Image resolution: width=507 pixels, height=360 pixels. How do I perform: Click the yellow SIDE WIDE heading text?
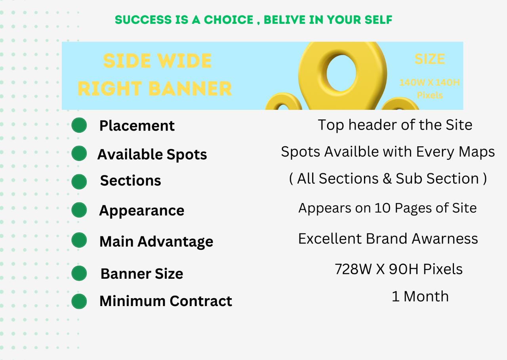click(x=157, y=61)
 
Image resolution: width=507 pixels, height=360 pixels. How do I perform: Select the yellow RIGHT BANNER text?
click(x=154, y=88)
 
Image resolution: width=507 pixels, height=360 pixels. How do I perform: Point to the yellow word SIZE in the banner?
click(x=430, y=59)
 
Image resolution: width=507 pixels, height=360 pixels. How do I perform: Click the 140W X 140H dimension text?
click(x=430, y=82)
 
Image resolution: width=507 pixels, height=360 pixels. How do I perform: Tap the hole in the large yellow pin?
click(x=341, y=73)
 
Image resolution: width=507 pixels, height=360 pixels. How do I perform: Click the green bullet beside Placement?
click(x=79, y=125)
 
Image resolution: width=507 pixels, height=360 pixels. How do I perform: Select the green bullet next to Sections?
click(x=79, y=182)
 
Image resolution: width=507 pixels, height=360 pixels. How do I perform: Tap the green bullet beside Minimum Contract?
click(x=79, y=301)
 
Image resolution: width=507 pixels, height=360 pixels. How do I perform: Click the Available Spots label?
click(x=152, y=155)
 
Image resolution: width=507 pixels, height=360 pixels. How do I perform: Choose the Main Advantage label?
click(x=156, y=242)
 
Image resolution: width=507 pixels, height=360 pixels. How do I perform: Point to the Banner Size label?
click(x=142, y=274)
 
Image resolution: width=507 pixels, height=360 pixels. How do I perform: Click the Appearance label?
click(x=142, y=211)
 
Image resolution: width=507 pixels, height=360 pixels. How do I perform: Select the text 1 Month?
click(x=420, y=296)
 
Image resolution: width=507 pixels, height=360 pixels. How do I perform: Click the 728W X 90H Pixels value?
click(x=398, y=269)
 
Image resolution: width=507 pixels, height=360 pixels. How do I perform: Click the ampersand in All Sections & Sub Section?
click(x=387, y=178)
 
